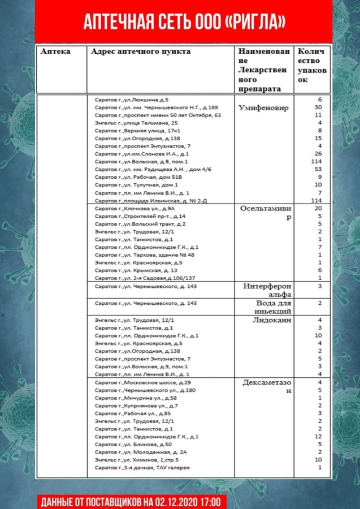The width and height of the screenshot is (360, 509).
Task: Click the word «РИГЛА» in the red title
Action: coord(255,22)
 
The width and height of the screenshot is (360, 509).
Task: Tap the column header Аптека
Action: coord(56,51)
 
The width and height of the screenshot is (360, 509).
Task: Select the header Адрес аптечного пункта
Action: coord(141,51)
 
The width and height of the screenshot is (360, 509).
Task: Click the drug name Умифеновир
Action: coord(263,107)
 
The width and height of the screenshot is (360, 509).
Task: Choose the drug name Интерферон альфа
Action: coord(267,290)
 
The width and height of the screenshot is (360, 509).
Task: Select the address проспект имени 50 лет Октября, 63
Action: coord(158,115)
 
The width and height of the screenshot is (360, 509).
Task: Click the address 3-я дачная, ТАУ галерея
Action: coord(142,468)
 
